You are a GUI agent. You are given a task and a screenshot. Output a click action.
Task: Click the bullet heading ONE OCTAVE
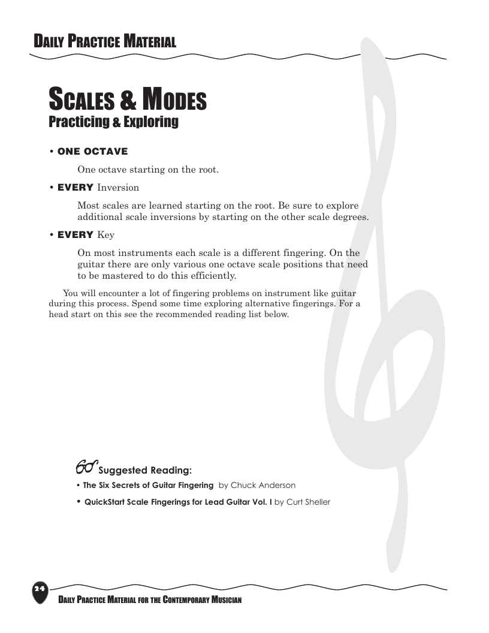pos(92,152)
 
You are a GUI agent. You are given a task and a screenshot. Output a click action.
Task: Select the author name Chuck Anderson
pos(262,485)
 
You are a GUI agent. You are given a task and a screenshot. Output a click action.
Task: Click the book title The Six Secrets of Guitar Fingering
pos(148,485)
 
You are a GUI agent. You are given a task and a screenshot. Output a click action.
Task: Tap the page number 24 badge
pos(40,590)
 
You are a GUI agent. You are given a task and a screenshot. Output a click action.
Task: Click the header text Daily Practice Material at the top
pos(105,41)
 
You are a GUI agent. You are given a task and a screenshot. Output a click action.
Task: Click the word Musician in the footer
pos(226,600)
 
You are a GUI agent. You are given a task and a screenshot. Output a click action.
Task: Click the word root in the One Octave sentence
pos(207,170)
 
